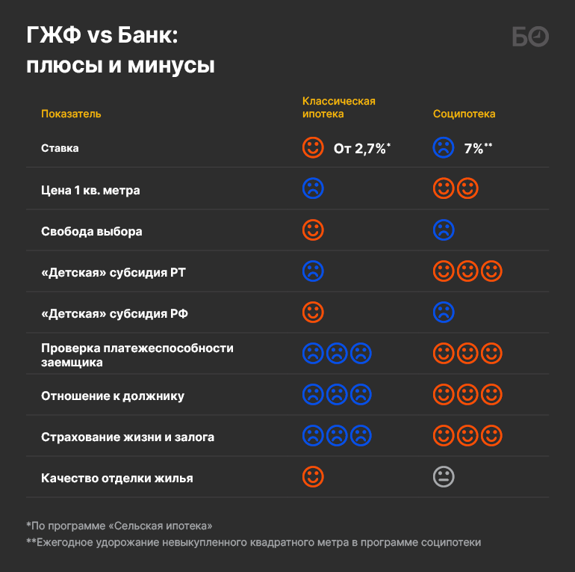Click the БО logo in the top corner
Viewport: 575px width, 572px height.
[531, 37]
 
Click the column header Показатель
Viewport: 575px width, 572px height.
[71, 114]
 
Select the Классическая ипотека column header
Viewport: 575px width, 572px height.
[338, 108]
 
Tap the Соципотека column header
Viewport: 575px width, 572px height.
[464, 114]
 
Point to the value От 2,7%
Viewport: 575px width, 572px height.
[361, 148]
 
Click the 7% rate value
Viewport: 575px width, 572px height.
[477, 148]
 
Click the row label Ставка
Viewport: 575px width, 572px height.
[60, 148]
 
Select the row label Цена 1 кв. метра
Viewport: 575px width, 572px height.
[90, 190]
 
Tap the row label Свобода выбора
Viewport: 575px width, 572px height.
[91, 231]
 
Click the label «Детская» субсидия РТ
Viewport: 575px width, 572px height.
[113, 272]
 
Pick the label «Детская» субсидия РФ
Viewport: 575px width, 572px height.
[114, 313]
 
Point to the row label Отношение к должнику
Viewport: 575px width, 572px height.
[112, 396]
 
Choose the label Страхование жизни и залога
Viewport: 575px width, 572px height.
[128, 437]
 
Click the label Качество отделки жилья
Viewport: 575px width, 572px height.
[116, 478]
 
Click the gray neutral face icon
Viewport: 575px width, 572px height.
[444, 476]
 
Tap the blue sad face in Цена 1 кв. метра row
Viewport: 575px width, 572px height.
[313, 188]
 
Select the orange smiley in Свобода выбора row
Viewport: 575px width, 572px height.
[313, 230]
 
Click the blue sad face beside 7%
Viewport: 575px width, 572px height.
[444, 147]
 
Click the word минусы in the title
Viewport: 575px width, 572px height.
[164, 66]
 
